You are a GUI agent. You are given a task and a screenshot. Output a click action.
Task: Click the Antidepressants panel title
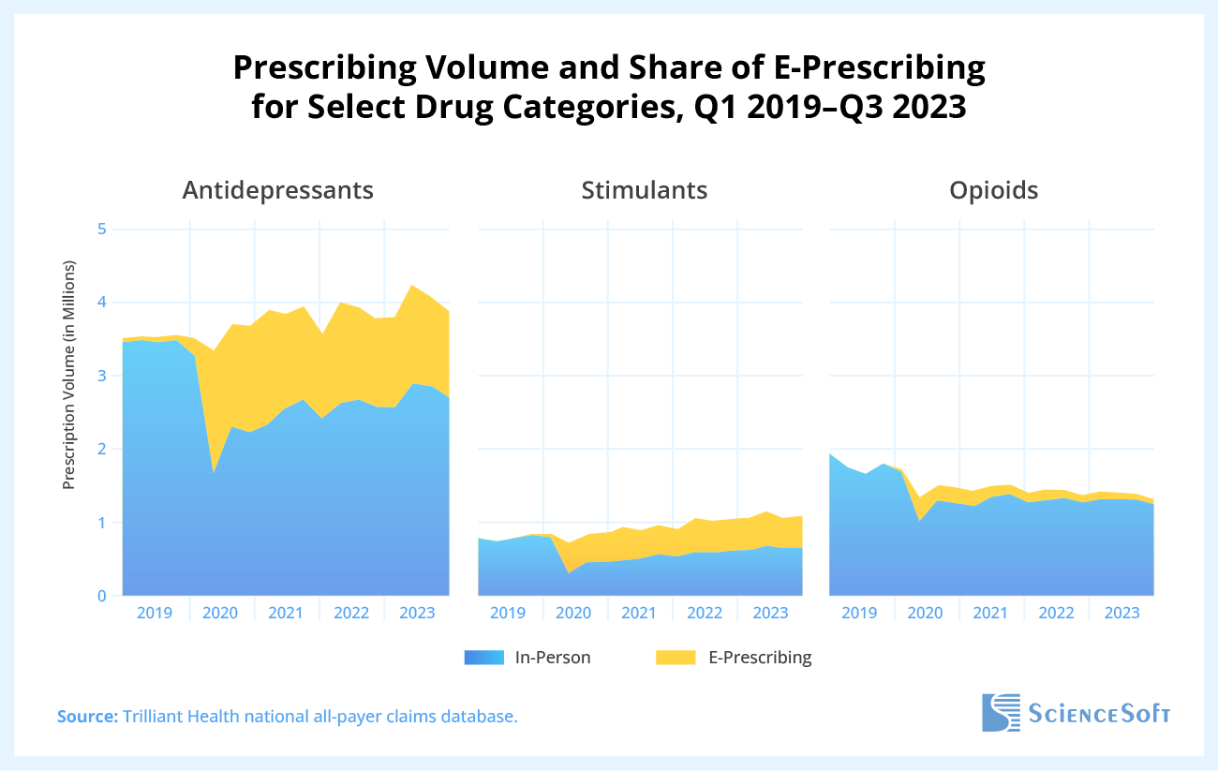277,190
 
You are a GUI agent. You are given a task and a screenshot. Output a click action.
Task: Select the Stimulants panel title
644,190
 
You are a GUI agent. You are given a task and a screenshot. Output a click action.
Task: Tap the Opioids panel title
993,190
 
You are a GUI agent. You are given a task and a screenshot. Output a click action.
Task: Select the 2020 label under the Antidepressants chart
220,614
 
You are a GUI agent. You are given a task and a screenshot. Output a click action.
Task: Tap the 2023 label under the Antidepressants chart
417,614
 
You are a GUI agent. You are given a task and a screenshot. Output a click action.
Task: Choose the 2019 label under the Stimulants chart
509,614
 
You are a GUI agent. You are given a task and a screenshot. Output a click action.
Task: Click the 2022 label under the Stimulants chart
705,614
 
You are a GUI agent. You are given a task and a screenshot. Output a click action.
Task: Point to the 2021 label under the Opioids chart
991,614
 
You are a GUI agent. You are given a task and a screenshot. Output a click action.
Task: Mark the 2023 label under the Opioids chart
1121,614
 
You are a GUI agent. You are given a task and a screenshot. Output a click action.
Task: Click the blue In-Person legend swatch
484,658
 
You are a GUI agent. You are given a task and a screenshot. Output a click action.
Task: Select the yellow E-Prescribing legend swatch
675,658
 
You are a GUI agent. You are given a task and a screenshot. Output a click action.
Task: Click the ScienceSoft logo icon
1000,713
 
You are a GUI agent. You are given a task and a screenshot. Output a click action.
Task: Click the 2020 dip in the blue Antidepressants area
215,474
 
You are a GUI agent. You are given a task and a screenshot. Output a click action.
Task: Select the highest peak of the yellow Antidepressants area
411,286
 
